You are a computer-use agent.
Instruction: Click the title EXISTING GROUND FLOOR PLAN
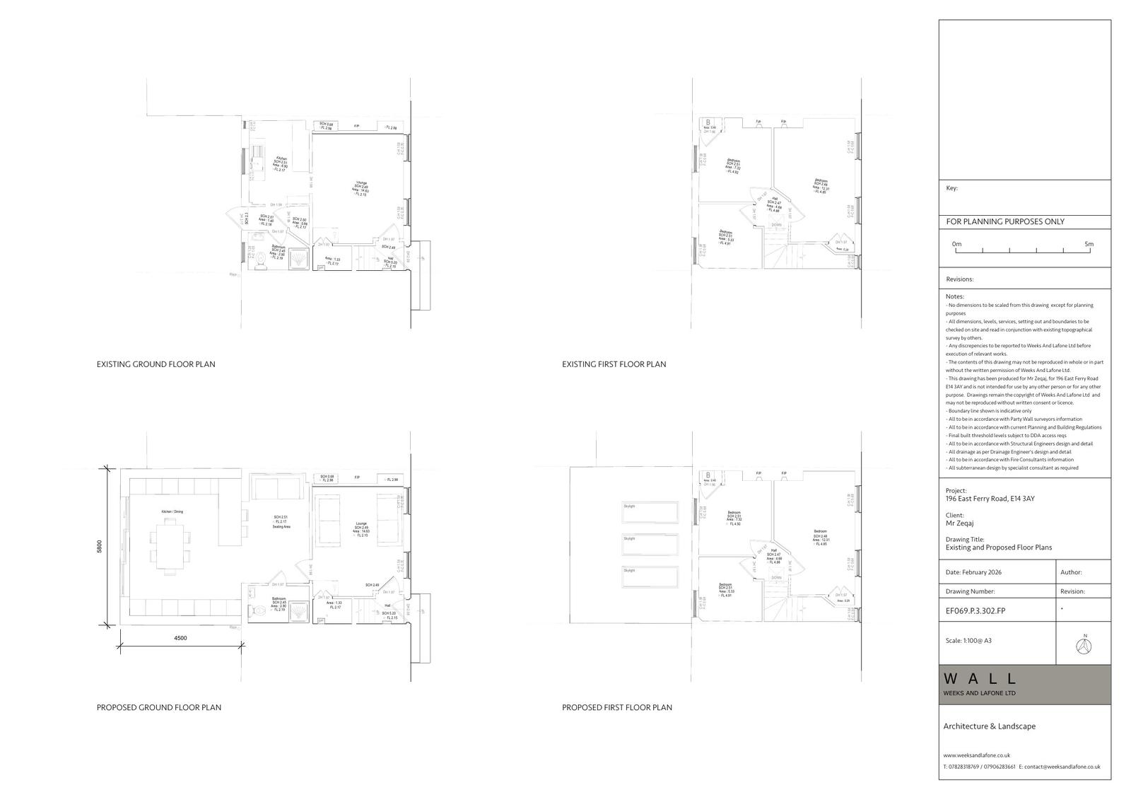point(156,364)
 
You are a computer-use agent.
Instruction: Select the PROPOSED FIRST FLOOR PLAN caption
point(616,707)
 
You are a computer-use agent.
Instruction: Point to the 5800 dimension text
point(100,547)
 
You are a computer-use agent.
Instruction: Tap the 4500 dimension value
point(180,638)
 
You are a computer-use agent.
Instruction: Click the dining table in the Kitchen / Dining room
point(170,546)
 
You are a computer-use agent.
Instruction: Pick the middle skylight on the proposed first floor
point(650,545)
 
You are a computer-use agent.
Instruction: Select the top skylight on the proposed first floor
point(650,513)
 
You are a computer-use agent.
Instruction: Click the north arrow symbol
point(1085,644)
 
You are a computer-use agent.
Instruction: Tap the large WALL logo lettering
point(981,679)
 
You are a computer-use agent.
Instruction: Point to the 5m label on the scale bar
point(1089,244)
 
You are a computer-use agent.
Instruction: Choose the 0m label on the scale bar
point(956,244)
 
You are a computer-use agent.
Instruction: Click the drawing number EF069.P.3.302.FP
point(975,610)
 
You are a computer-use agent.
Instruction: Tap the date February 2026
point(973,572)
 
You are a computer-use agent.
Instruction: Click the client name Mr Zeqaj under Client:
point(959,524)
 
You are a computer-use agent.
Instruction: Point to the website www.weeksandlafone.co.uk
point(976,755)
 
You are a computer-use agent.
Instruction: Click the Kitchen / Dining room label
point(172,511)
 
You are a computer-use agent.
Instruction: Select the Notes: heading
point(954,296)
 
